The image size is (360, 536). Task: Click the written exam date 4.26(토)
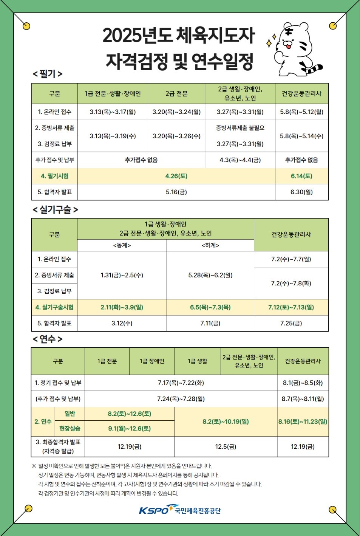(x=176, y=176)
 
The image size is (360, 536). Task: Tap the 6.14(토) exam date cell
(x=301, y=176)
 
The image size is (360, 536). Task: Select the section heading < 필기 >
(x=48, y=74)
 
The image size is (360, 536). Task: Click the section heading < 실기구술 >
(x=55, y=210)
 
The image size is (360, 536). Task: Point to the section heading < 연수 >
(x=48, y=339)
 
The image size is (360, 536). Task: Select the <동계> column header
(x=122, y=245)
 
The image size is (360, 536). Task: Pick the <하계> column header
(x=210, y=245)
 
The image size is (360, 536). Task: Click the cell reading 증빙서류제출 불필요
(x=240, y=128)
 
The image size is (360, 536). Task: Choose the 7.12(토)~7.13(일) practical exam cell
(x=291, y=307)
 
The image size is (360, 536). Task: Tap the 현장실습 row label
(x=70, y=429)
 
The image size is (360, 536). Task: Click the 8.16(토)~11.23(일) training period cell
(x=303, y=421)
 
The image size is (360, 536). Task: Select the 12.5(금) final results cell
(x=226, y=447)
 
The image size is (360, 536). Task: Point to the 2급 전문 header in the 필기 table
(x=176, y=94)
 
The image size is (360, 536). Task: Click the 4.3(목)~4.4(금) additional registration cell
(x=240, y=160)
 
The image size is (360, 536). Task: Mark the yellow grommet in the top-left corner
(x=26, y=26)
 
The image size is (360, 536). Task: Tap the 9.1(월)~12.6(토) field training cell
(x=129, y=429)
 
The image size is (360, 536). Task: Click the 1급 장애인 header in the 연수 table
(x=152, y=361)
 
